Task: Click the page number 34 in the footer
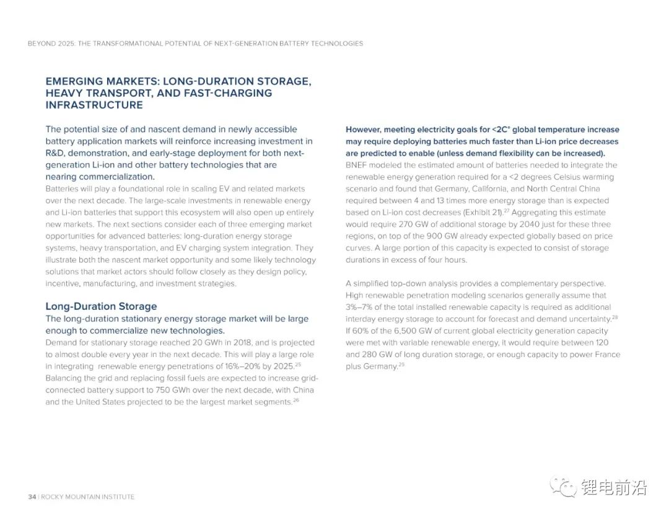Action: pos(32,497)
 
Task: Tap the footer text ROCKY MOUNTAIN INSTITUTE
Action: pos(87,497)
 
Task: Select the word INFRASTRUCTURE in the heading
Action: pos(94,105)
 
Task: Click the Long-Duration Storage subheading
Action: pos(101,306)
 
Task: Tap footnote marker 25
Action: pos(298,365)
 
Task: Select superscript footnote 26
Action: pos(296,400)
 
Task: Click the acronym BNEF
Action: pos(357,166)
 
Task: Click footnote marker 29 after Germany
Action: pos(401,365)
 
